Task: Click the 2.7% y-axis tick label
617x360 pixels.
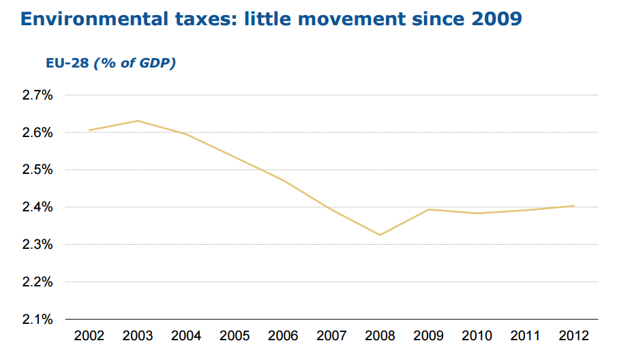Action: tap(38, 95)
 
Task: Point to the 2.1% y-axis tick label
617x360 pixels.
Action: tap(38, 319)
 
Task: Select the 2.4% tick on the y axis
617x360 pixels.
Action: tap(38, 207)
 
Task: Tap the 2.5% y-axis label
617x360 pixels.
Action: tap(38, 170)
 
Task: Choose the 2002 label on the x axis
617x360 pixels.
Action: tap(89, 335)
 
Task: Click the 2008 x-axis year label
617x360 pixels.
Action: tap(379, 335)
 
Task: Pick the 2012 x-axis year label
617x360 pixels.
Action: tap(573, 335)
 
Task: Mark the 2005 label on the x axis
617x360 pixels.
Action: tap(235, 335)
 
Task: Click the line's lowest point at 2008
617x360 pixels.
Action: tap(379, 235)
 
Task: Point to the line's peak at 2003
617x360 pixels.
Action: tap(138, 121)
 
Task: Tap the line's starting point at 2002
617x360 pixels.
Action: tap(89, 130)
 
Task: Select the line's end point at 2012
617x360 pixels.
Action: tap(574, 206)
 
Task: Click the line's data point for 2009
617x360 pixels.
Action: tap(428, 209)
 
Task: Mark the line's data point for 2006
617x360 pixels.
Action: tap(283, 180)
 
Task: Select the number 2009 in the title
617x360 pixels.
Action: tap(494, 18)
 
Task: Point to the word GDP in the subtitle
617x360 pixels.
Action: tap(157, 63)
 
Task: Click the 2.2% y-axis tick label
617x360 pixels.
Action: tap(38, 282)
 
